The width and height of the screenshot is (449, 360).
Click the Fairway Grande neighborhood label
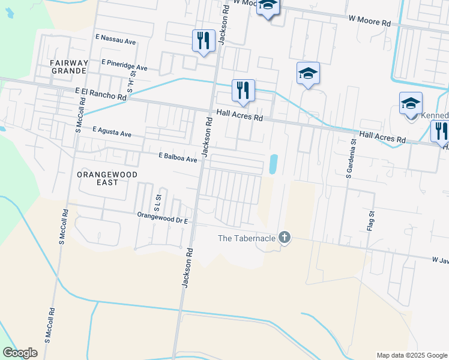69,67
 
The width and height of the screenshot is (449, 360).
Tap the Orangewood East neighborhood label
107,179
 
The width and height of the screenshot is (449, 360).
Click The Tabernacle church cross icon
285,238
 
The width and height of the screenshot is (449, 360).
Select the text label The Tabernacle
247,238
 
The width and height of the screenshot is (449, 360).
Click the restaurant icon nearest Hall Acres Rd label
243,91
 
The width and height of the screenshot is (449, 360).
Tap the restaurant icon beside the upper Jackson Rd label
203,41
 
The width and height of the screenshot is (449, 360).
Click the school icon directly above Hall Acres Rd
308,73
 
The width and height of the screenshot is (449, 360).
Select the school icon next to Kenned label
411,103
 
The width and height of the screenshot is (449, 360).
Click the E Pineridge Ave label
124,65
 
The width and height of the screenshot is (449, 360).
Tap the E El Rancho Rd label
101,93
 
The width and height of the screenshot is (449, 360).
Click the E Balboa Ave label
178,158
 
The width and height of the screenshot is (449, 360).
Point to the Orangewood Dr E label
163,217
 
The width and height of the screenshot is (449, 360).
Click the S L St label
157,201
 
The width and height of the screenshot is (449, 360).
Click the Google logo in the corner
20,353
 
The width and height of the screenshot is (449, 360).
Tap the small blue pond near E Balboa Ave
274,164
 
